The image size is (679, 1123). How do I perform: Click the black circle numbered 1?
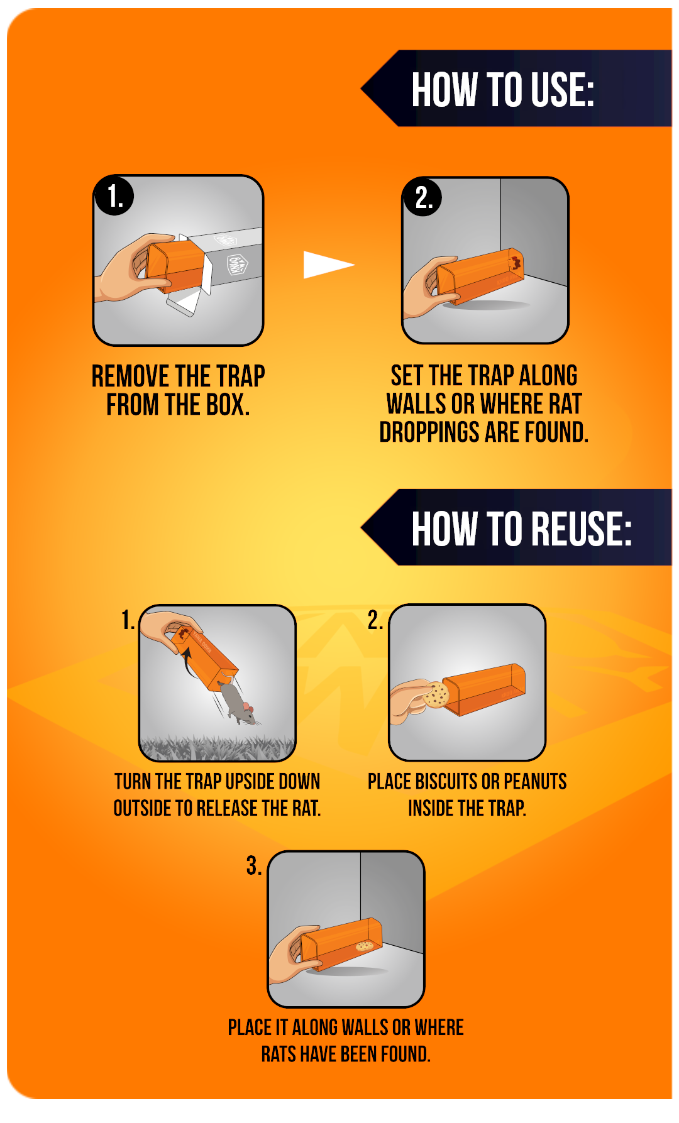114,195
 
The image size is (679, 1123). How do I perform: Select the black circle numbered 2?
422,197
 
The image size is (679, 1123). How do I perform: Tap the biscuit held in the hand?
436,695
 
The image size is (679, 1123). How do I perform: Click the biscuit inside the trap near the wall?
365,946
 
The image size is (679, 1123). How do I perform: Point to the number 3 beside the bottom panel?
253,865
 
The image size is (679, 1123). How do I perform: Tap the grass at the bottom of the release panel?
218,748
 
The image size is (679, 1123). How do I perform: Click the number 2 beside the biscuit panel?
375,620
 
